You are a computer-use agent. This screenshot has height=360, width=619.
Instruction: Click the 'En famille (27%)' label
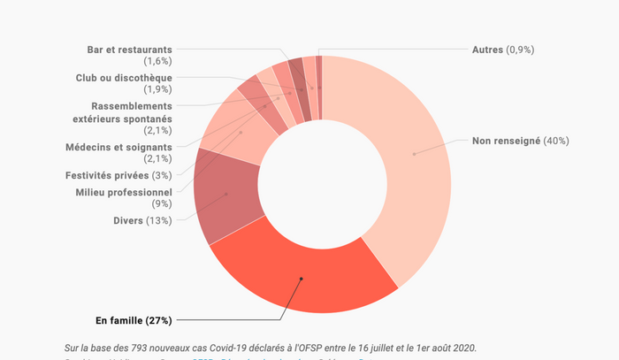(133, 319)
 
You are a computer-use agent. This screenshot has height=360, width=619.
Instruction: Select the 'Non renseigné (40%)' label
(520, 141)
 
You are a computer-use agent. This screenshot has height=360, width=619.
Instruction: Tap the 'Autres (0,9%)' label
(503, 50)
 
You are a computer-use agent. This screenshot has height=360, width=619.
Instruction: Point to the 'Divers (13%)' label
(141, 220)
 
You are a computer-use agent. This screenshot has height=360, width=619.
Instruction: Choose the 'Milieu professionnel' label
(124, 192)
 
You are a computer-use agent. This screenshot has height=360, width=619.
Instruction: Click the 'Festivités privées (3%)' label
(118, 175)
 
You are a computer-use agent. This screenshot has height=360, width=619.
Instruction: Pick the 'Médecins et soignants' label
(118, 147)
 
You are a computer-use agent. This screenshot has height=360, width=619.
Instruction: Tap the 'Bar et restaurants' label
(130, 50)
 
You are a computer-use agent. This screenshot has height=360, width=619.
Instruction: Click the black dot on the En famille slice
(302, 279)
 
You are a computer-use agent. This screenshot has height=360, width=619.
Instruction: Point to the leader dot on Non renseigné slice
(414, 154)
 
